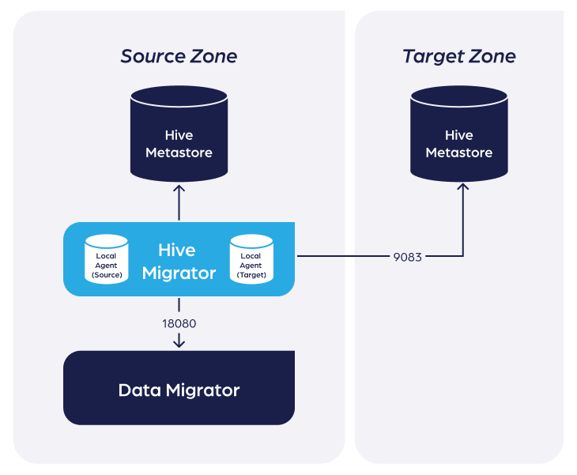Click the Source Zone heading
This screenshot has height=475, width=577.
click(x=179, y=56)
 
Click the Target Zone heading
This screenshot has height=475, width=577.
click(x=459, y=57)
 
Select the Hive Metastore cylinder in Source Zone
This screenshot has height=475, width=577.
click(x=179, y=134)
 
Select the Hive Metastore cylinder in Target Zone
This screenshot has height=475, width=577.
click(x=459, y=134)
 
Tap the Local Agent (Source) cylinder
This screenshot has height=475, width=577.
click(x=107, y=259)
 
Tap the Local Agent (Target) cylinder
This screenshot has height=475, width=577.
click(x=251, y=259)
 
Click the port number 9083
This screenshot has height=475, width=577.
click(x=407, y=257)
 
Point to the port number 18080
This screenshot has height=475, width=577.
click(x=179, y=323)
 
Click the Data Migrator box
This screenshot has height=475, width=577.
click(x=179, y=388)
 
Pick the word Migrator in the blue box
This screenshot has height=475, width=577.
click(x=179, y=273)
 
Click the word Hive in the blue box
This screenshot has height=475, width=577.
click(x=177, y=251)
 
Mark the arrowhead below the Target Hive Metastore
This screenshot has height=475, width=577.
click(x=463, y=187)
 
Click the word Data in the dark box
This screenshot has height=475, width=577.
click(x=140, y=390)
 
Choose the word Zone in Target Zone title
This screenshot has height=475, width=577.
click(x=492, y=56)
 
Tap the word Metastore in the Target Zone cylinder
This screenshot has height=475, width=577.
click(x=459, y=153)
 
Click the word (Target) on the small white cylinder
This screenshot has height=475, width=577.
click(x=251, y=275)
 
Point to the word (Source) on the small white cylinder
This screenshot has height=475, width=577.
click(x=107, y=275)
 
